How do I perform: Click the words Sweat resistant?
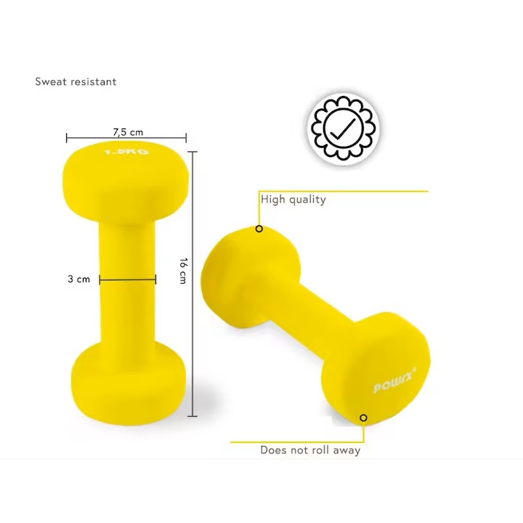(76, 81)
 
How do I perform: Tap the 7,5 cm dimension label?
(128, 132)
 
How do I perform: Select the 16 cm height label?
(183, 270)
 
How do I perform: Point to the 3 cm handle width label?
(78, 279)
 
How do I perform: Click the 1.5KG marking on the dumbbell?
(126, 152)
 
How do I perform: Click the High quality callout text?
(293, 200)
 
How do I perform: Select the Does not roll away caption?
(310, 450)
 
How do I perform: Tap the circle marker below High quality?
(259, 229)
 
